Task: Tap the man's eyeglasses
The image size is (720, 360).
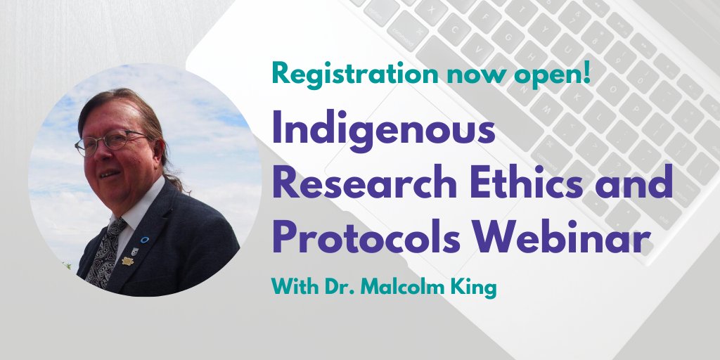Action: point(108,143)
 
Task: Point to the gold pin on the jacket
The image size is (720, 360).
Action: point(128,261)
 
